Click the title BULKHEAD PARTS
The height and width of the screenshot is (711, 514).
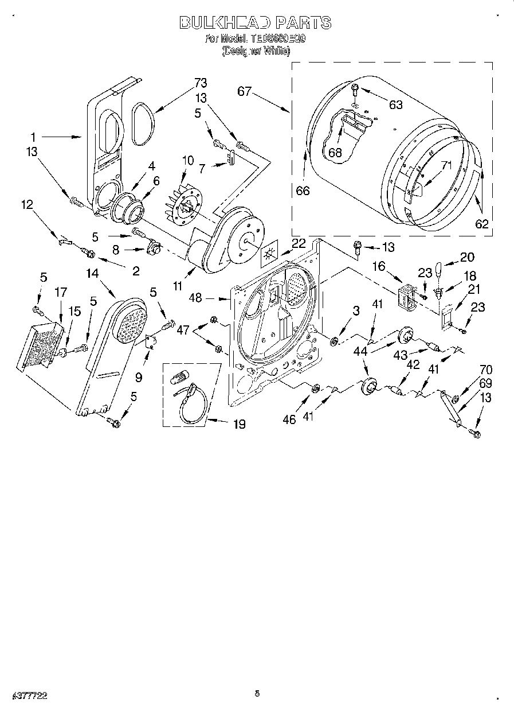pyautogui.click(x=255, y=23)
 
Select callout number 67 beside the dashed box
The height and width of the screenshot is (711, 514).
pyautogui.click(x=245, y=91)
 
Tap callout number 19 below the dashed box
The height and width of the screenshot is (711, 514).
pyautogui.click(x=239, y=424)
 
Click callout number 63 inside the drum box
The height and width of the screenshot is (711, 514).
pyautogui.click(x=395, y=104)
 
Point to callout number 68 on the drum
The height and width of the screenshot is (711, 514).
pyautogui.click(x=334, y=153)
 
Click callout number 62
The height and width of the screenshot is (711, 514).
pyautogui.click(x=482, y=224)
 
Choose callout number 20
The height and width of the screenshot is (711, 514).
pyautogui.click(x=467, y=257)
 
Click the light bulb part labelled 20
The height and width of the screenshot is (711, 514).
pyautogui.click(x=440, y=268)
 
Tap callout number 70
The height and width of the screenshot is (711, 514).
pyautogui.click(x=486, y=370)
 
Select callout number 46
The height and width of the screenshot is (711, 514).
pyautogui.click(x=289, y=419)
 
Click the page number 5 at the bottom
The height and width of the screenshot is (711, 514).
pyautogui.click(x=257, y=694)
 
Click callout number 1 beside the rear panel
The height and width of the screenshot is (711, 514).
pyautogui.click(x=33, y=137)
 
